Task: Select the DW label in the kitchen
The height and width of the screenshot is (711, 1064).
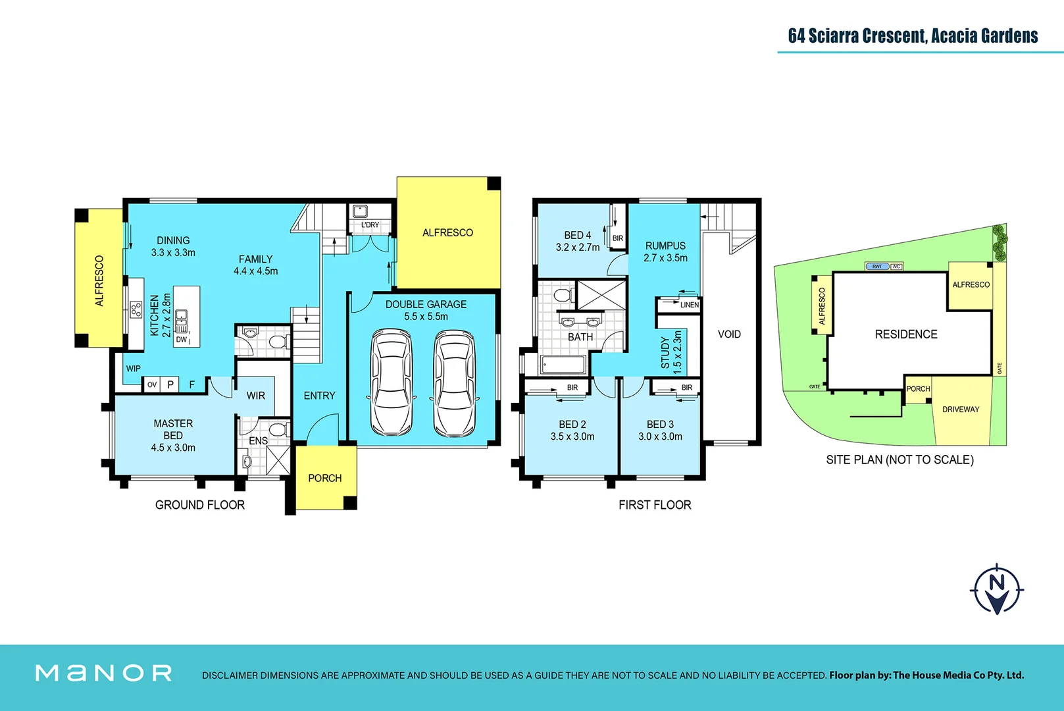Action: pos(182,340)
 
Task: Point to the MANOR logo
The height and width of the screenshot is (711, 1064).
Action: pos(104,673)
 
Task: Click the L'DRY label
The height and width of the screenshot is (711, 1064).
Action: pos(370,225)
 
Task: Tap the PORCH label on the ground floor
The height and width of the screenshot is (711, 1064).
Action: pos(325,479)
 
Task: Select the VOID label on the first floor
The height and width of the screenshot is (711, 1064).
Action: pos(729,334)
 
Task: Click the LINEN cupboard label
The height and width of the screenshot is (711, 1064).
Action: pos(689,305)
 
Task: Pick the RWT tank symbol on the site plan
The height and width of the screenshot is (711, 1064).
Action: pos(877,267)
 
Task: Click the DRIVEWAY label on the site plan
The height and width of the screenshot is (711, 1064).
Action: pos(961,409)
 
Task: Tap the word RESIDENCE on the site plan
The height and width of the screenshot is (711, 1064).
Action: pos(906,334)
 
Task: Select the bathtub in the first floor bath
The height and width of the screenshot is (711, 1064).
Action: pos(563,364)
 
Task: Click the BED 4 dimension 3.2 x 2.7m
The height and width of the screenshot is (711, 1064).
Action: pos(578,248)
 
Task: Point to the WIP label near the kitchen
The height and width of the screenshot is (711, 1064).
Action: pos(134,369)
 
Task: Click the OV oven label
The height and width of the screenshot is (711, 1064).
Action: pos(152,384)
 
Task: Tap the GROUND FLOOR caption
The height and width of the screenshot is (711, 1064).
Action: pos(200,505)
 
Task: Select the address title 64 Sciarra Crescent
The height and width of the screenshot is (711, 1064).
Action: pos(913,36)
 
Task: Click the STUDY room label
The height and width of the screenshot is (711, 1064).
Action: pos(665,353)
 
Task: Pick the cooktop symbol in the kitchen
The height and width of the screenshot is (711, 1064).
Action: pos(136,309)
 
